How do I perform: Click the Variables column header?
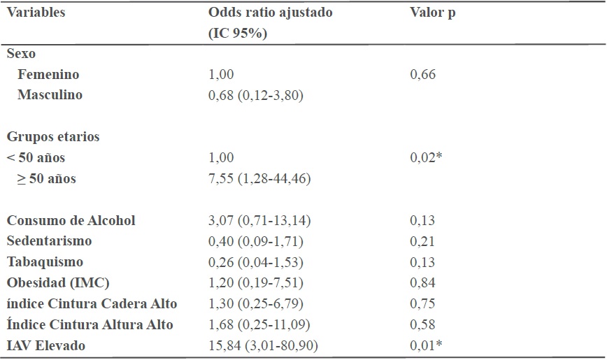(x=36, y=13)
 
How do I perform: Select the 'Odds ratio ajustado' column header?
(x=271, y=13)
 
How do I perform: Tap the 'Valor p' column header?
(x=432, y=13)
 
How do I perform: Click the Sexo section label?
(x=21, y=53)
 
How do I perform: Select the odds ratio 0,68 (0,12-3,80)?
(x=255, y=95)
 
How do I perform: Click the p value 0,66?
(x=422, y=74)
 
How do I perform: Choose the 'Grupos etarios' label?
(x=53, y=137)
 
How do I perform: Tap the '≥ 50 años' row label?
(x=48, y=178)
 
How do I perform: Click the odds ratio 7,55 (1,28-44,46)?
(x=259, y=179)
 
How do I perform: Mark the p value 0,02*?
(x=425, y=158)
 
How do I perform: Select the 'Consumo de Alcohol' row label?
(x=71, y=220)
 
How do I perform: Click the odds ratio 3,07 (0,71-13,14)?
(x=259, y=221)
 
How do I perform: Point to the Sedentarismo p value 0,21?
(x=422, y=242)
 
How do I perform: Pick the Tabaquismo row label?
(x=45, y=262)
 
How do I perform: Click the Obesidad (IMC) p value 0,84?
(x=422, y=283)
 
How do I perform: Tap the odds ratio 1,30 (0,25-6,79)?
(x=255, y=304)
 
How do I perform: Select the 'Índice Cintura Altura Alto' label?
(x=90, y=324)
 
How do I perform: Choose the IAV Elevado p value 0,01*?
(x=425, y=345)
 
